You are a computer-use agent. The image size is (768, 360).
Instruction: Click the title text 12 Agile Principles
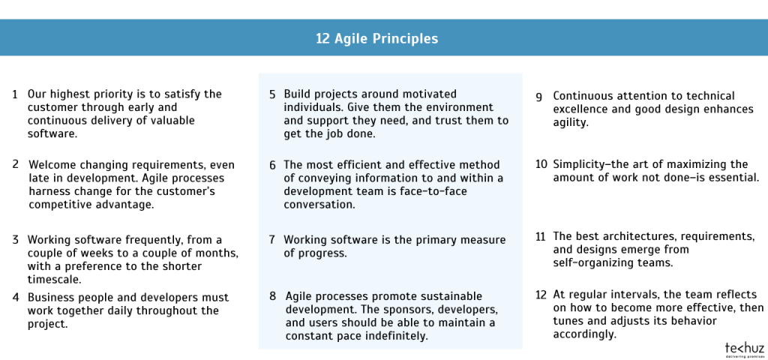(x=376, y=37)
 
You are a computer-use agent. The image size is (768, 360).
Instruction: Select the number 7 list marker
(x=273, y=240)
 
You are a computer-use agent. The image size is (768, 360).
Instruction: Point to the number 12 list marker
(x=540, y=295)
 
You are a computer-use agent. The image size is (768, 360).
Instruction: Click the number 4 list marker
(x=15, y=298)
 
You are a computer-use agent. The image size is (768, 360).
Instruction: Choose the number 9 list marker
(x=539, y=96)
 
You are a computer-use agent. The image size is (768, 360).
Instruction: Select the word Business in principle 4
(x=52, y=298)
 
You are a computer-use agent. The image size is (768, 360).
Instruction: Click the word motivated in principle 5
(x=424, y=94)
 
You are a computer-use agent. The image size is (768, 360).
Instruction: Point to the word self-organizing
(x=590, y=262)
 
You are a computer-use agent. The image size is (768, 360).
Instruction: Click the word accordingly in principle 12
(x=585, y=334)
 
